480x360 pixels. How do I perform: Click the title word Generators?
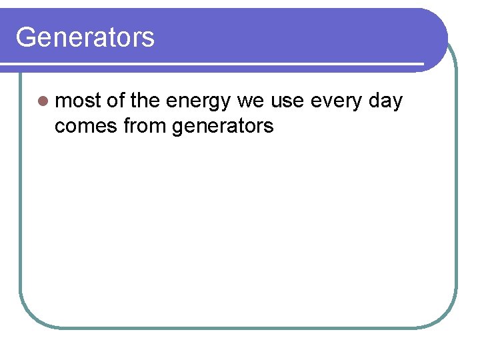click(x=85, y=37)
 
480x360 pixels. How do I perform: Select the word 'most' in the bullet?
click(x=77, y=101)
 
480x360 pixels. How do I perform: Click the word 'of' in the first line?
click(x=116, y=101)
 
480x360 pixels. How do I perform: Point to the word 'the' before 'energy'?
click(x=145, y=101)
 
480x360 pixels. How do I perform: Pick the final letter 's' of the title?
click(x=149, y=39)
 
